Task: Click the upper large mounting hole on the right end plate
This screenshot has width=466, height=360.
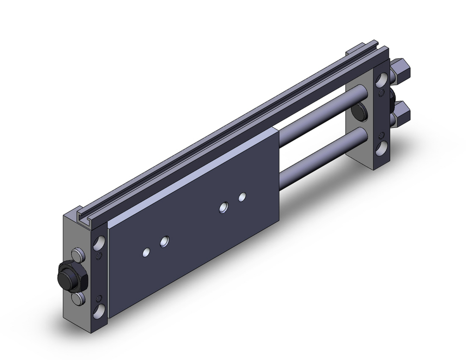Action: coord(383,79)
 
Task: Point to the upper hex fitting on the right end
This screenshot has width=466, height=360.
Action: coord(402,70)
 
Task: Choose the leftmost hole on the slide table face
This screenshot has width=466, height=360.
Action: coord(146,252)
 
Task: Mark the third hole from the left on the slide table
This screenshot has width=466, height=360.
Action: coord(224,207)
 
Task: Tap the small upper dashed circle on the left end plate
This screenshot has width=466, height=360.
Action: coord(98,256)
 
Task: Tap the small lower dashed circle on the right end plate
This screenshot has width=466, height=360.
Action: coord(383,136)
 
